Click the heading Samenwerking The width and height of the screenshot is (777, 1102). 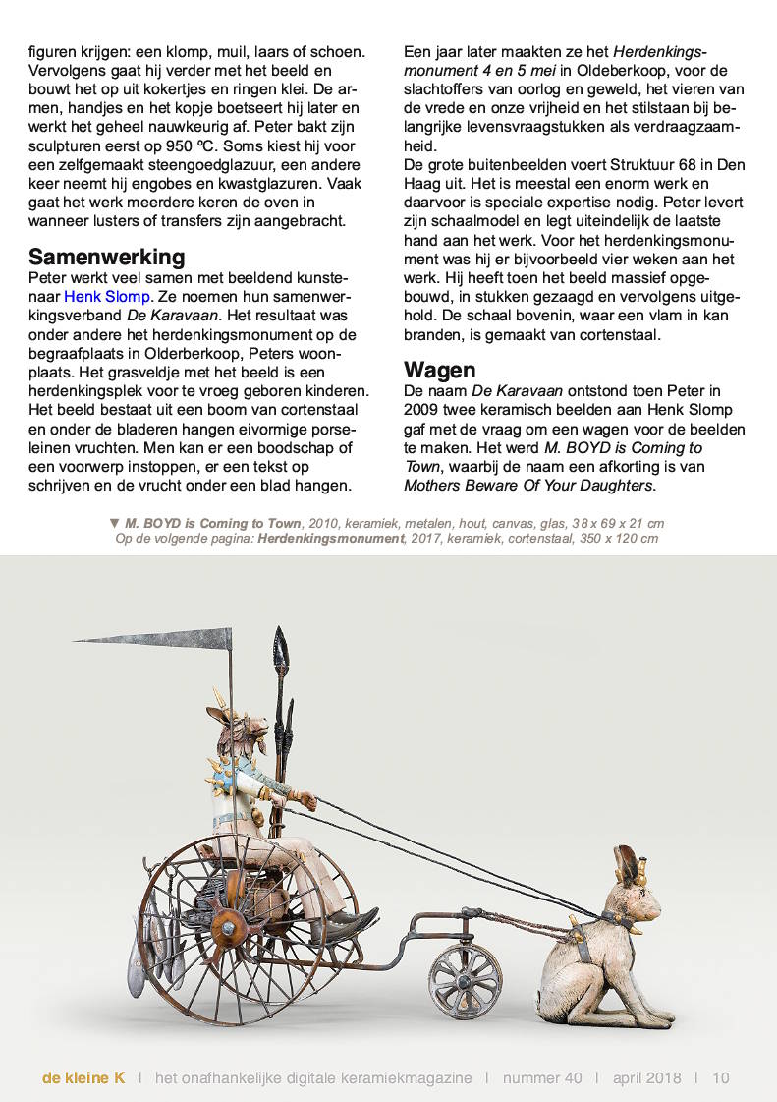click(x=106, y=258)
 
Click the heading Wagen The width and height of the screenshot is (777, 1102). click(x=439, y=370)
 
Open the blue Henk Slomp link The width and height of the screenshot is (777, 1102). click(x=107, y=296)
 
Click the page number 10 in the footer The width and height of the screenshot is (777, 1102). click(x=721, y=1077)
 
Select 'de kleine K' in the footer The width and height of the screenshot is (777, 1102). click(x=83, y=1077)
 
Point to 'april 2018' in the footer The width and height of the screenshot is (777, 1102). click(x=648, y=1077)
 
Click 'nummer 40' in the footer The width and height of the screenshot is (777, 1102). click(x=541, y=1077)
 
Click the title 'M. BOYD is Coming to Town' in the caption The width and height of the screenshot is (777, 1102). click(x=212, y=523)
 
